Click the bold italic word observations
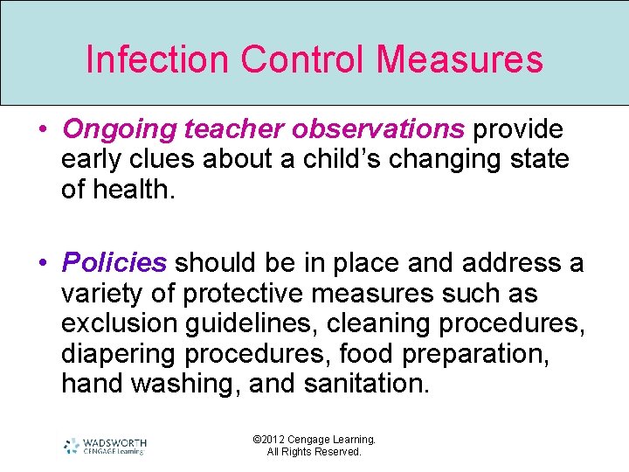click(x=378, y=129)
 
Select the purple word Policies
click(x=114, y=262)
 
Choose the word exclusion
click(x=119, y=323)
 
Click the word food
click(x=370, y=354)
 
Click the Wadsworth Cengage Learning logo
click(x=105, y=446)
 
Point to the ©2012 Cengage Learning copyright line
click(x=314, y=440)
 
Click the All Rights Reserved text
click(x=314, y=452)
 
